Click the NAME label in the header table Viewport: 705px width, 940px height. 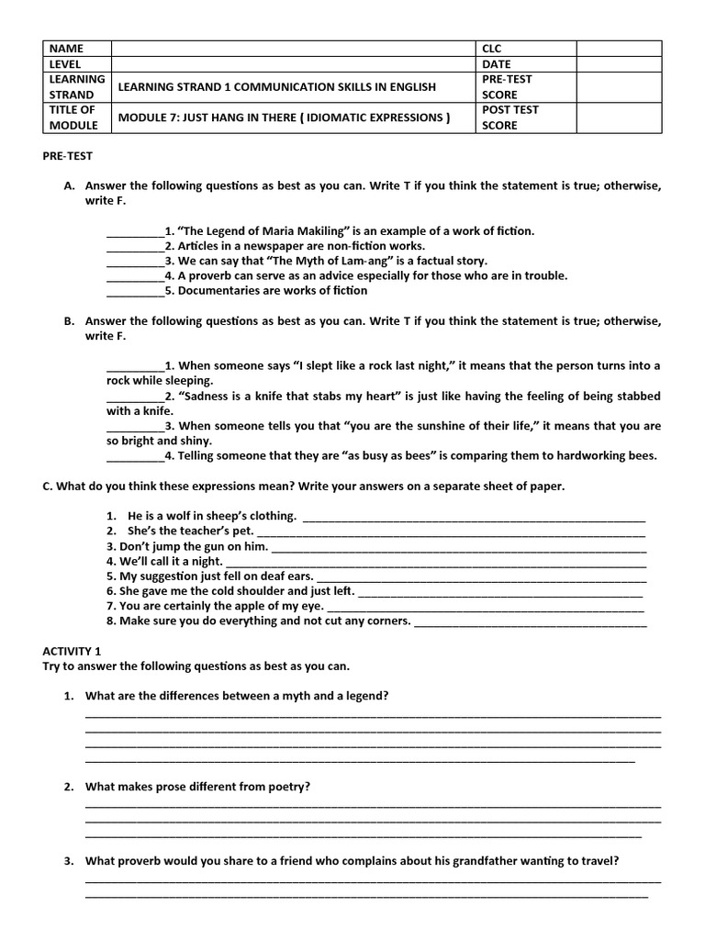[66, 49]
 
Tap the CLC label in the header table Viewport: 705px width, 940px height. [493, 49]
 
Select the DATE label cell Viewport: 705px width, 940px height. [496, 64]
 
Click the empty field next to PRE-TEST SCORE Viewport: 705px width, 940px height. [620, 87]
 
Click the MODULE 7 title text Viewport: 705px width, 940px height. [284, 117]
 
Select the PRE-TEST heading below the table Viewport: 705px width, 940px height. [67, 156]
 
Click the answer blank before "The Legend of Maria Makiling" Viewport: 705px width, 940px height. [135, 231]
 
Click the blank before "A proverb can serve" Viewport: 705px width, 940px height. [135, 275]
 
